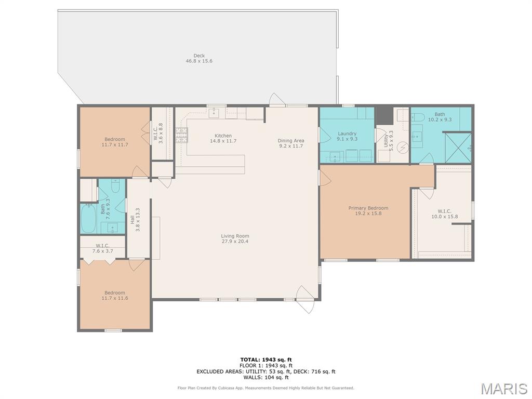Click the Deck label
click(x=199, y=56)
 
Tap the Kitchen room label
click(x=223, y=136)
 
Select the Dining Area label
click(x=291, y=140)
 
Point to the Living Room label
click(x=235, y=236)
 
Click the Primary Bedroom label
click(x=368, y=208)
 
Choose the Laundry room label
click(x=347, y=134)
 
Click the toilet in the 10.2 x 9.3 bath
click(x=418, y=118)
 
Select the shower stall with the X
click(x=458, y=148)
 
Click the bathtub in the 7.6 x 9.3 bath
click(x=88, y=219)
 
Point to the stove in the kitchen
click(x=181, y=136)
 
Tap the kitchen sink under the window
click(x=214, y=113)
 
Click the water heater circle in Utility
click(x=403, y=148)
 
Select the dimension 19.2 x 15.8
click(x=368, y=214)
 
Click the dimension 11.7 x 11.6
click(x=115, y=298)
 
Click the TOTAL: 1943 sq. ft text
click(x=266, y=360)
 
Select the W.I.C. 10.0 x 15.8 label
click(x=445, y=214)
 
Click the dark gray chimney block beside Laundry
click(x=384, y=116)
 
